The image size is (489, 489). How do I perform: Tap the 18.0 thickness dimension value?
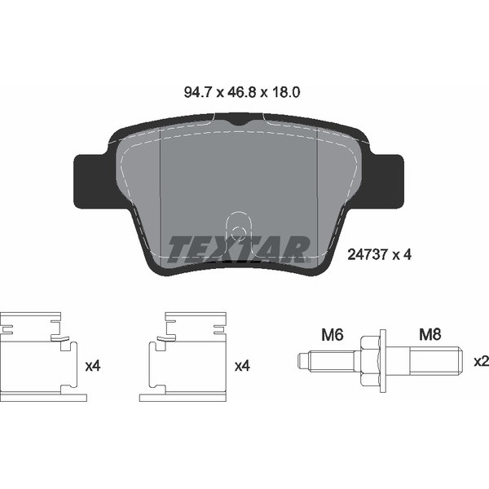pyautogui.click(x=285, y=92)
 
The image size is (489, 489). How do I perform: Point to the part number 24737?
pyautogui.click(x=368, y=255)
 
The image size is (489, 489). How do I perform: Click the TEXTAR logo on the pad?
pyautogui.click(x=238, y=249)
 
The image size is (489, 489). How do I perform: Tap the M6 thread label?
pyautogui.click(x=333, y=335)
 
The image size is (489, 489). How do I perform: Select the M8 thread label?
pyautogui.click(x=430, y=335)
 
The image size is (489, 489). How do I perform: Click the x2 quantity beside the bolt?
pyautogui.click(x=481, y=361)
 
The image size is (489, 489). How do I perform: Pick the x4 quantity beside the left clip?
pyautogui.click(x=93, y=366)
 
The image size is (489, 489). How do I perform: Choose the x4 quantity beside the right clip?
pyautogui.click(x=242, y=366)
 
